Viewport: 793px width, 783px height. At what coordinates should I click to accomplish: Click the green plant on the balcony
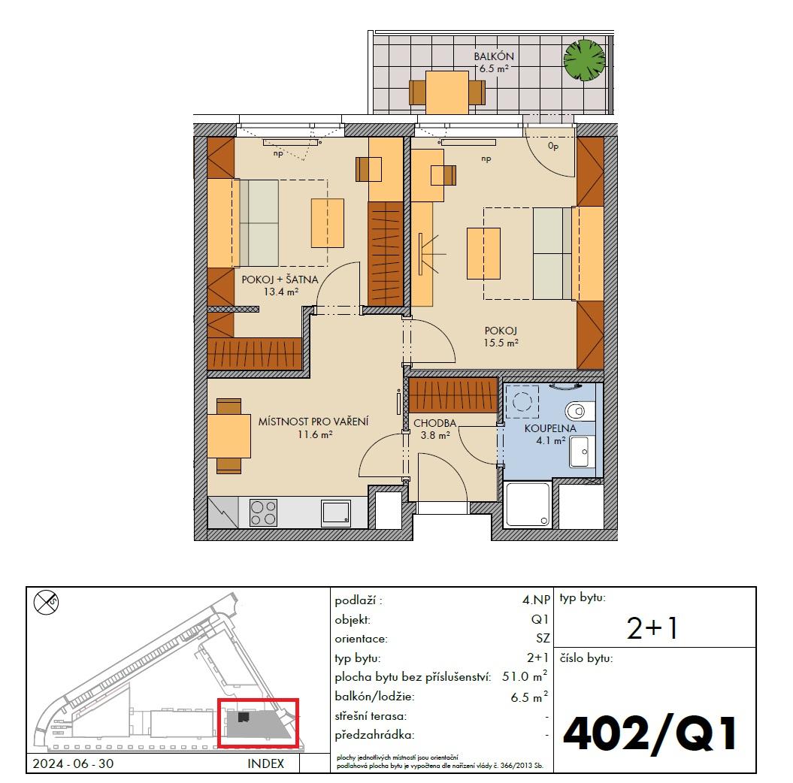point(584,59)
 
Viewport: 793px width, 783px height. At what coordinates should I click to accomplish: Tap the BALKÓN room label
point(494,56)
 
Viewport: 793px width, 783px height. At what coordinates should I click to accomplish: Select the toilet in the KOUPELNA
point(580,410)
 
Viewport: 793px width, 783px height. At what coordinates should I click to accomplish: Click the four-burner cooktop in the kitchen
point(264,512)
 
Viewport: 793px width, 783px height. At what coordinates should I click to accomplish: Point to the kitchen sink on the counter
point(336,513)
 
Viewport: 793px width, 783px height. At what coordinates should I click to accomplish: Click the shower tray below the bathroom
point(528,504)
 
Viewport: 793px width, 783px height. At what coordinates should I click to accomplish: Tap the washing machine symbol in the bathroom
point(522,402)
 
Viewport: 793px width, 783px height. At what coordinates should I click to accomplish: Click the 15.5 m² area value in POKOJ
point(501,343)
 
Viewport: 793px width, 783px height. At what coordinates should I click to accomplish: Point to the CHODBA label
point(435,423)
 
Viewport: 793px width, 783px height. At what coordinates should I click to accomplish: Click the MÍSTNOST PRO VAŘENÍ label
point(313,422)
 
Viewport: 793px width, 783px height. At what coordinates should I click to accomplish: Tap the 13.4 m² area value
point(280,292)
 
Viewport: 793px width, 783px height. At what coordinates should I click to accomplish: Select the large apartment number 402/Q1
point(650,734)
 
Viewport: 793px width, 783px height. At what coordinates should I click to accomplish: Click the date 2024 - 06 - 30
point(73,763)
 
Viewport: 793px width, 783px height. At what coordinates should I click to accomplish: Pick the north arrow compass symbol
point(46,602)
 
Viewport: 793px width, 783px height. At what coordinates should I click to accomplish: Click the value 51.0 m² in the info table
point(525,676)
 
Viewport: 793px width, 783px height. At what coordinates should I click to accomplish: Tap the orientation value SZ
point(543,639)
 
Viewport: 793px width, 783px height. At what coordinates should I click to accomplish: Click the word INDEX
point(265,763)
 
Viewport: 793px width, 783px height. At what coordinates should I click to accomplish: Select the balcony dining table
point(447,92)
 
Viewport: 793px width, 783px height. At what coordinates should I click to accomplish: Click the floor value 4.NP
point(536,600)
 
